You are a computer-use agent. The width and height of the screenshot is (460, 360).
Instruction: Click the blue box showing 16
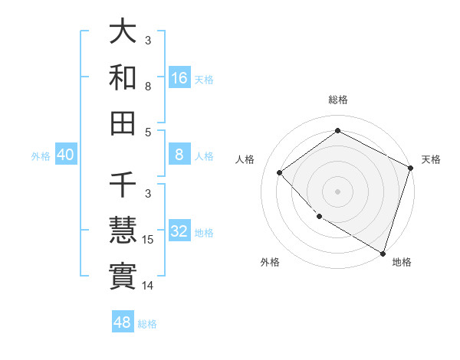coord(179,77)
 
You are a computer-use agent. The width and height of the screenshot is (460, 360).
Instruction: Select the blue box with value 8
coord(179,155)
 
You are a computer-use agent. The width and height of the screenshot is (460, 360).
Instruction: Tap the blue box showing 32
coord(179,231)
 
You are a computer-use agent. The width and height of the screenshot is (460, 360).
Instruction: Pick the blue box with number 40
coord(65,155)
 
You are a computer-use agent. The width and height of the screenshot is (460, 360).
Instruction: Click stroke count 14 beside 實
coord(148,286)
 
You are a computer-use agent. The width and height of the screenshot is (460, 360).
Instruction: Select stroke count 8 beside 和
coord(148,87)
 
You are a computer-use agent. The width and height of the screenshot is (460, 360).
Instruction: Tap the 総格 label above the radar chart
coord(337,100)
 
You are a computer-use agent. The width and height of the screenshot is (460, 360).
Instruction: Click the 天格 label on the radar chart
coord(431,159)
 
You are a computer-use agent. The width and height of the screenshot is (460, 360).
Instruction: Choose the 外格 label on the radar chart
coord(270,262)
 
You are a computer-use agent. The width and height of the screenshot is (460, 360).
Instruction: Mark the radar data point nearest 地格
coord(383,252)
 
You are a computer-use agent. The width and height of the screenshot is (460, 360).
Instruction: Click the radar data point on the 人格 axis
coord(280,172)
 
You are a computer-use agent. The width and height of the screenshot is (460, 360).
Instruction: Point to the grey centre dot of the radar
coord(337,191)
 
